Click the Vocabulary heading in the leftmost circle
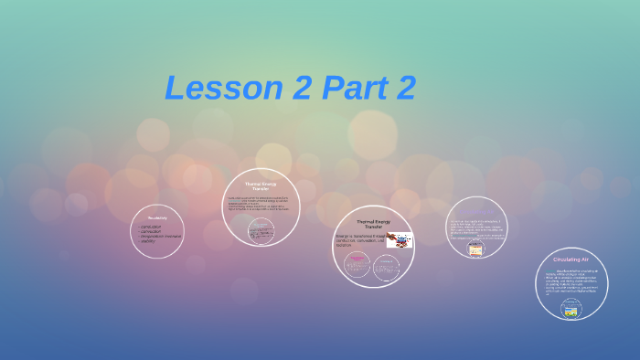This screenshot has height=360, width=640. [x=156, y=217]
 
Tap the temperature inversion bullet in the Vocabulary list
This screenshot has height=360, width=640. [x=160, y=237]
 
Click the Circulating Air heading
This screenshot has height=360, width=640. [x=571, y=259]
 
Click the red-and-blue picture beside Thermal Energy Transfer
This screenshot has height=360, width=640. [x=399, y=239]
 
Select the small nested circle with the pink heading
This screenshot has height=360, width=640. [x=357, y=265]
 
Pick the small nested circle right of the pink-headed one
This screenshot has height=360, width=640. [x=388, y=265]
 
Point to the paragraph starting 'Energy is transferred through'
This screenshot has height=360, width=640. [x=358, y=240]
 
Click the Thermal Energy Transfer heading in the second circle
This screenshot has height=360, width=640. [x=261, y=185]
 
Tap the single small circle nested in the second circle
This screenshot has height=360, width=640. [x=261, y=230]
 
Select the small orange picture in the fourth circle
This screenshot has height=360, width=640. [x=475, y=249]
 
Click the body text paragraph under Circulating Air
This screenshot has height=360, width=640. [x=571, y=282]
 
